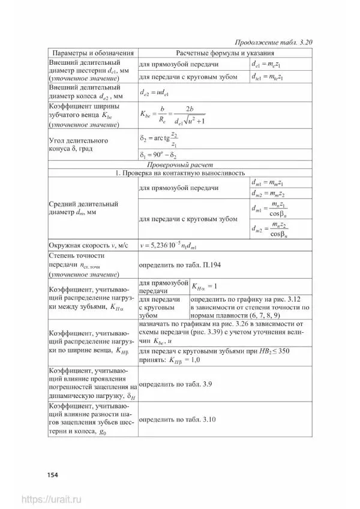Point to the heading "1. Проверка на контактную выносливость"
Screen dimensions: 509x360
tap(180, 174)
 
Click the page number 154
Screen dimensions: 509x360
tap(52, 475)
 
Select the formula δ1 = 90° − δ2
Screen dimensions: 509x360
tap(159, 155)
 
